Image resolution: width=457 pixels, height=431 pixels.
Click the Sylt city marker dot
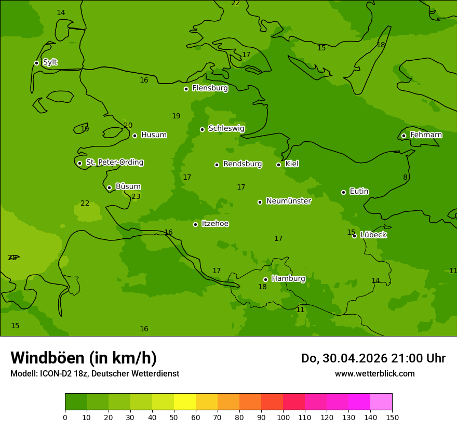(36, 63)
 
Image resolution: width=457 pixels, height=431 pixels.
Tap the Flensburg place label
(210, 88)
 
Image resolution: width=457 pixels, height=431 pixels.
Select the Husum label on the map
(154, 135)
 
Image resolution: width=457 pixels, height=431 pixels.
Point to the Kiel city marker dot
(278, 165)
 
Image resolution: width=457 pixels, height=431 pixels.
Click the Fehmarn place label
(426, 135)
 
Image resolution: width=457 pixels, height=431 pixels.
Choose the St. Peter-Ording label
(114, 163)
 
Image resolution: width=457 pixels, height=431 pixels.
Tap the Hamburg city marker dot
(265, 279)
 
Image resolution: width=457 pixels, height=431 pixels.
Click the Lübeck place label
(373, 235)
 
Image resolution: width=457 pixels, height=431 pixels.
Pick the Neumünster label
(288, 201)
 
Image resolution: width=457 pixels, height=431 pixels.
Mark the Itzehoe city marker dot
(195, 224)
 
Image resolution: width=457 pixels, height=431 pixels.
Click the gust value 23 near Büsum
(136, 196)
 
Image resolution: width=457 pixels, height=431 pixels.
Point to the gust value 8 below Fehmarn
(405, 177)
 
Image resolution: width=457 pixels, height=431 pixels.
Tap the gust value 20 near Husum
(128, 125)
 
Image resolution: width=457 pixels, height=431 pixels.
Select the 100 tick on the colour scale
(283, 416)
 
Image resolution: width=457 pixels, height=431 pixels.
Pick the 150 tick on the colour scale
(392, 416)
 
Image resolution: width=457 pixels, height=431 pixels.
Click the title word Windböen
(47, 358)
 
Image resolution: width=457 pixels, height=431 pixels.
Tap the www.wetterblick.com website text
(374, 373)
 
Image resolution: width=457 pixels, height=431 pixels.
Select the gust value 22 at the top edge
(236, 3)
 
